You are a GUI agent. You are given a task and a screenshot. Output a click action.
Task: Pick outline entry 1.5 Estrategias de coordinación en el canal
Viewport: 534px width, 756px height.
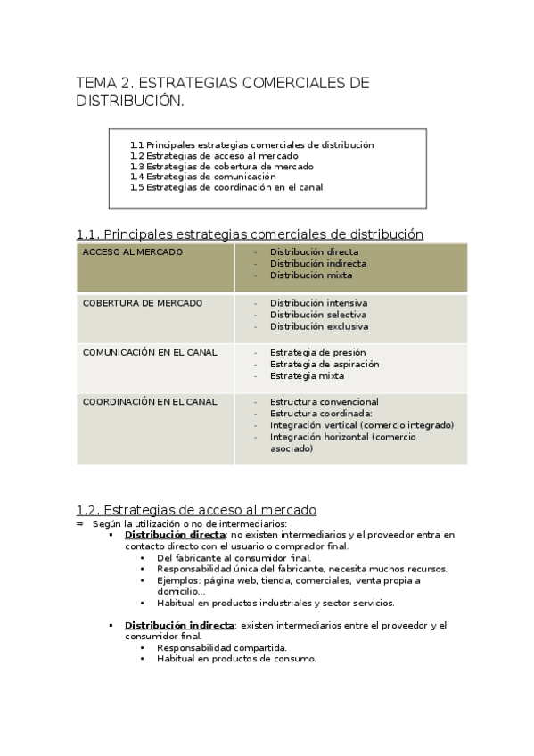pos(226,187)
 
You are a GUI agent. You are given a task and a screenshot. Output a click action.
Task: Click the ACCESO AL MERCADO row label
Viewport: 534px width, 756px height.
pos(132,252)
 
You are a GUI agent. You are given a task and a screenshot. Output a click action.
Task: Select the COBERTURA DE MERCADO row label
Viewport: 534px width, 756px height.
pos(142,303)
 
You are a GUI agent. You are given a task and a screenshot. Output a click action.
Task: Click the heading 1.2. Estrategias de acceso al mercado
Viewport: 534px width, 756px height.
pos(196,510)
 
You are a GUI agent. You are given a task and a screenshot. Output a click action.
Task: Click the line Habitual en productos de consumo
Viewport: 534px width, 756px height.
pos(236,659)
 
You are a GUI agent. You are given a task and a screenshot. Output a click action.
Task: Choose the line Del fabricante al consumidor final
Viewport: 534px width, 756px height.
pos(234,557)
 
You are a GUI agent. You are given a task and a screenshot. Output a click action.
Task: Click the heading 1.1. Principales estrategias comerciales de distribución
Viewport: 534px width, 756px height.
pos(250,234)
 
